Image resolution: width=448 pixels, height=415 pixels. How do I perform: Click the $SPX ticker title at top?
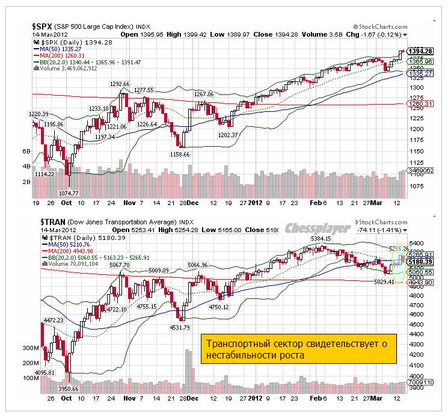point(41,26)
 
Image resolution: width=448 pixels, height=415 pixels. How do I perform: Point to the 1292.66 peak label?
point(119,84)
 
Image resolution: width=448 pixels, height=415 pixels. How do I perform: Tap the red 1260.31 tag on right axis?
point(422,104)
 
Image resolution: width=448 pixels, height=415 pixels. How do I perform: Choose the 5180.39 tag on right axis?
point(422,262)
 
